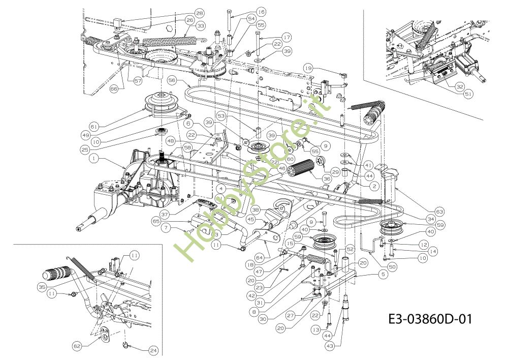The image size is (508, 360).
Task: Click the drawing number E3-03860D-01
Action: pos(429,319)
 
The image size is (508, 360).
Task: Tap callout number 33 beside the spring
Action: pos(201,25)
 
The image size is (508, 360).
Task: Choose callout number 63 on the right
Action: pos(439,212)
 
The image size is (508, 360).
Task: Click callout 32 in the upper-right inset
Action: pos(459,86)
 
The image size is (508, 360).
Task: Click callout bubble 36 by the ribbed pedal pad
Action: pos(326,179)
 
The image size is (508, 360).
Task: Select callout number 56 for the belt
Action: pos(172,80)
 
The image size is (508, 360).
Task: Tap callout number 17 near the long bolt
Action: pos(287,37)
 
